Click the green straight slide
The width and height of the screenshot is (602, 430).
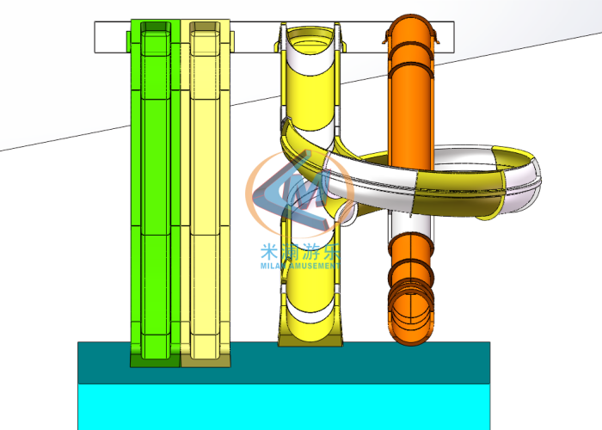(156, 189)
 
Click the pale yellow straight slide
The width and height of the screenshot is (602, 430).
(206, 189)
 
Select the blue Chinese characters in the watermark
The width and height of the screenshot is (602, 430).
(300, 252)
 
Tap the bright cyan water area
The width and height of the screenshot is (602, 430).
(284, 407)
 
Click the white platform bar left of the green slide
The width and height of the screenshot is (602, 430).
(110, 38)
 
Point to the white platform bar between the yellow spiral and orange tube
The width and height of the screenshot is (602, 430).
(365, 38)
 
